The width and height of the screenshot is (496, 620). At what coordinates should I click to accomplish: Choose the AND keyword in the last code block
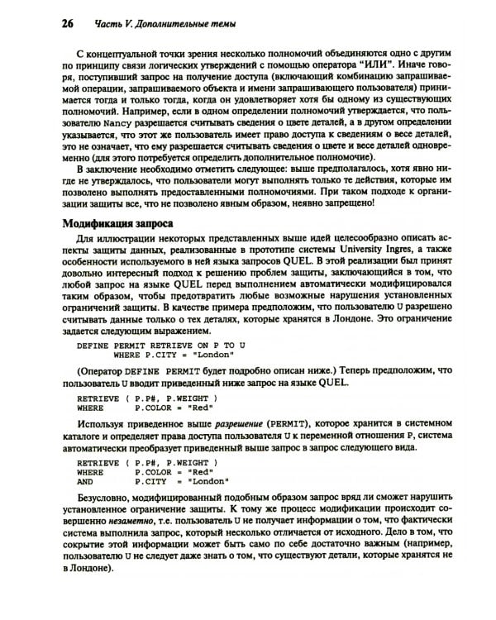(85, 480)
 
